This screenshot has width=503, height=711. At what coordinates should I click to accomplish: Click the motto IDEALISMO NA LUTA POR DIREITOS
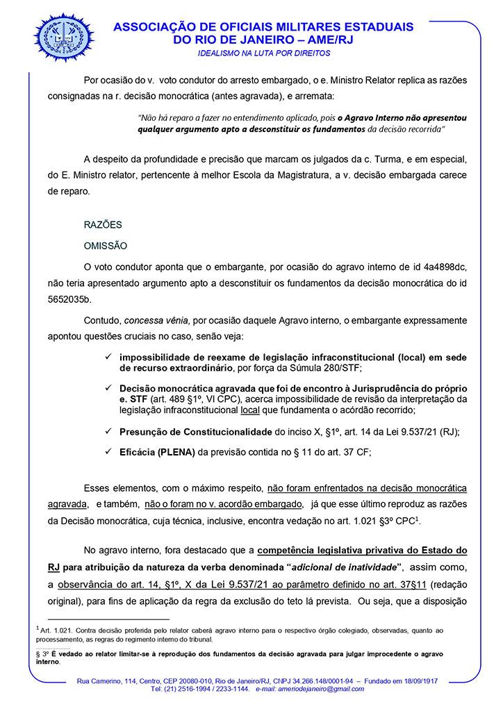pyautogui.click(x=264, y=53)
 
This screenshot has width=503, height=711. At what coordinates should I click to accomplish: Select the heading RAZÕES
pyautogui.click(x=103, y=225)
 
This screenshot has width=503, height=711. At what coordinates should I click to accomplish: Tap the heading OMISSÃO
pyautogui.click(x=105, y=246)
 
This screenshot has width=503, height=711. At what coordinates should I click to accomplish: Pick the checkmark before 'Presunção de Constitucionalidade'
pyautogui.click(x=108, y=431)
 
